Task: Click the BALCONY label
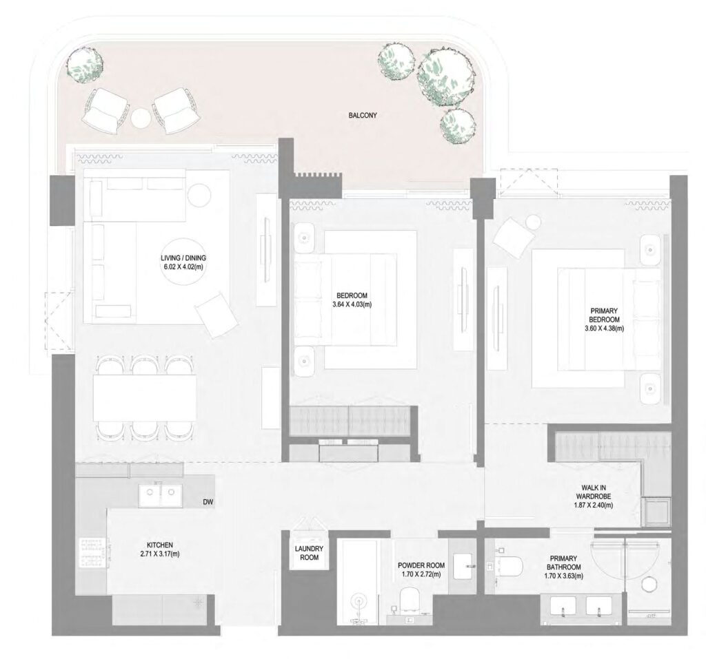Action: [x=363, y=115]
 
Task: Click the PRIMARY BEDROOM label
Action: [x=601, y=320]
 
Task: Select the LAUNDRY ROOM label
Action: [x=305, y=552]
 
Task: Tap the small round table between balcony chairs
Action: [x=141, y=118]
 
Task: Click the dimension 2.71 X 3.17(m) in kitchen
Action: [x=159, y=554]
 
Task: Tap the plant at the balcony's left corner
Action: [x=86, y=66]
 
